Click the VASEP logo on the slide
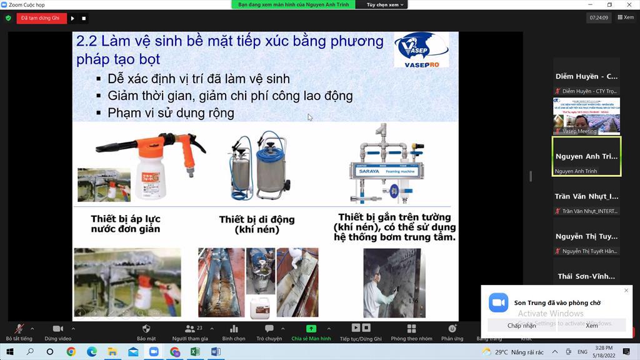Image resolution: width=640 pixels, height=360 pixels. [x=421, y=49]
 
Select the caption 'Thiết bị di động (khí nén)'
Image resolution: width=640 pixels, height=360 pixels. [x=256, y=224]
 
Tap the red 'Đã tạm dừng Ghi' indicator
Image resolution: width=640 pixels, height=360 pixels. [x=41, y=18]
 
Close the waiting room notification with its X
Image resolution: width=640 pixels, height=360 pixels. [x=626, y=291]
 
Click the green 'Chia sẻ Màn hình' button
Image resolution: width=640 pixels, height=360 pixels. [x=311, y=332]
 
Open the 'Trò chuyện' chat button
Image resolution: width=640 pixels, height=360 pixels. [x=269, y=332]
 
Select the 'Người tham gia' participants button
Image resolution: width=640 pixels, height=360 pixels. [x=190, y=332]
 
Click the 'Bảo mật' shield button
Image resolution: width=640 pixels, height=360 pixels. [x=146, y=332]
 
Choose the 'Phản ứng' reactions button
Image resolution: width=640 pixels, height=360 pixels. [x=452, y=332]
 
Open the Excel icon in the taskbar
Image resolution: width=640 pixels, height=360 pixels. [x=195, y=352]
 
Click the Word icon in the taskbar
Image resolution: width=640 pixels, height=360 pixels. [x=216, y=352]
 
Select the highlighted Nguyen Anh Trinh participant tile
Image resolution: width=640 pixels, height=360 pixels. [x=586, y=157]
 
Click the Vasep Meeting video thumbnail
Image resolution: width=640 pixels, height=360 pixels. [x=586, y=116]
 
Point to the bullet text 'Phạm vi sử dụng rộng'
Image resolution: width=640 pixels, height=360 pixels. [x=171, y=113]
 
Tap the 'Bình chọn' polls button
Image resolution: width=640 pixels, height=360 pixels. [x=234, y=332]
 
